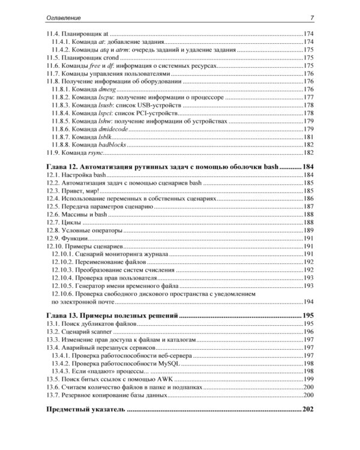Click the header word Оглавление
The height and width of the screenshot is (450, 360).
(x=64, y=16)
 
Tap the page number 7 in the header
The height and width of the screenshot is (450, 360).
(x=312, y=16)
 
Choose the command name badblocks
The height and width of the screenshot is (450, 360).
(x=115, y=145)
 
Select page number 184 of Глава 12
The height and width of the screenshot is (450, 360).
(x=308, y=166)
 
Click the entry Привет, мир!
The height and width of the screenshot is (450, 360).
(x=82, y=190)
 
